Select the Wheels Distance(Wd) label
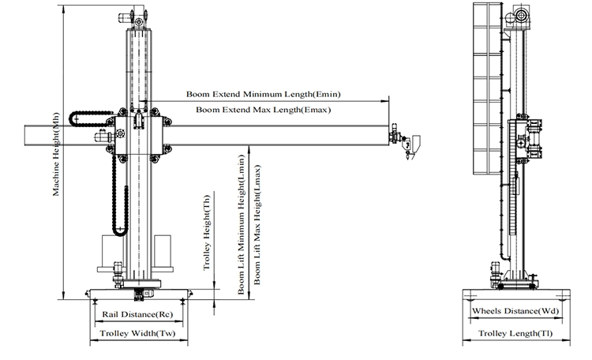click(x=515, y=311)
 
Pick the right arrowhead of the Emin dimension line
click(x=386, y=101)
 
